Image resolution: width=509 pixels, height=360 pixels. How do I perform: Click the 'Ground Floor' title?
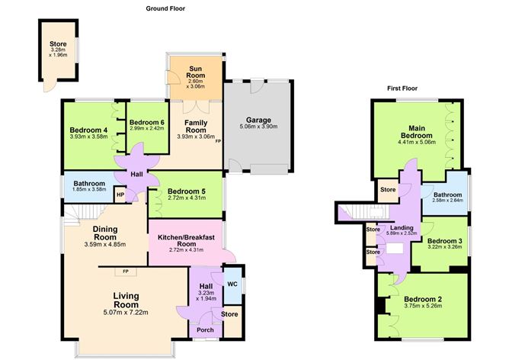tap(167, 8)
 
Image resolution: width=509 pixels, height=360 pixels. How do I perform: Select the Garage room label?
tap(261, 121)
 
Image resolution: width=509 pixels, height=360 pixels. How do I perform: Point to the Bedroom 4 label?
tap(88, 129)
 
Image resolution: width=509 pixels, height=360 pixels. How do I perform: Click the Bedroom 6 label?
tap(146, 123)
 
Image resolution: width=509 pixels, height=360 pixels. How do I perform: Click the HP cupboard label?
tap(120, 194)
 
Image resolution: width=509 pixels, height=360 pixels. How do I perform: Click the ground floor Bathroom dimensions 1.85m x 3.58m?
tap(89, 190)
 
